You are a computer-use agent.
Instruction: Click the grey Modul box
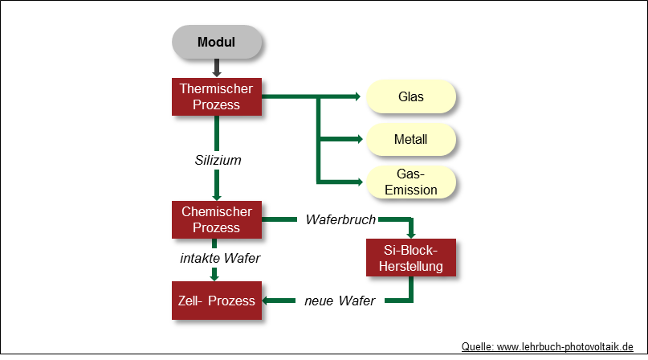(217, 43)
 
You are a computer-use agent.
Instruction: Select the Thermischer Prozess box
(217, 96)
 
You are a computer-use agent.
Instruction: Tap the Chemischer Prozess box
(217, 219)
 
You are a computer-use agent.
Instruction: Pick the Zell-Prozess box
(217, 301)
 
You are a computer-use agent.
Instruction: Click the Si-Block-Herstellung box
(411, 258)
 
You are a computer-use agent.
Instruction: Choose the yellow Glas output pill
(411, 97)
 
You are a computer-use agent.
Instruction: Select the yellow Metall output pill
(411, 140)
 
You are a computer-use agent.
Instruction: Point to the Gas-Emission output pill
(411, 182)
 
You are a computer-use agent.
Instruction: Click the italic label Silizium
(218, 160)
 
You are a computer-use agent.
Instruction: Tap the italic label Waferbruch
(341, 219)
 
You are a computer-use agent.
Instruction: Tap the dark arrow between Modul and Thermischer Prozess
(217, 69)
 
